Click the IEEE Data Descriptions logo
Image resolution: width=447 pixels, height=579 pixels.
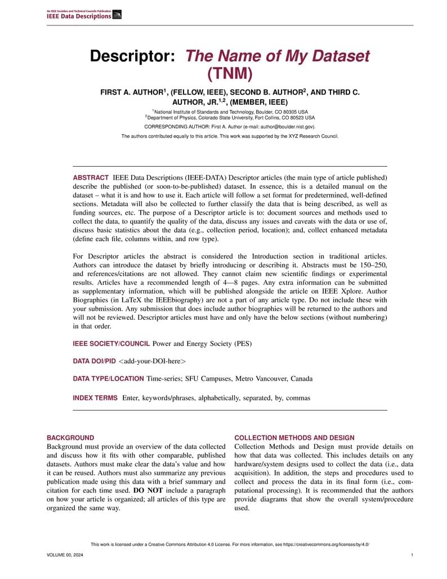pyautogui.click(x=84, y=15)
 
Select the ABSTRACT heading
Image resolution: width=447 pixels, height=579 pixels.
pyautogui.click(x=91, y=177)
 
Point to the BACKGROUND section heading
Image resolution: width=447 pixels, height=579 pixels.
pyautogui.click(x=70, y=438)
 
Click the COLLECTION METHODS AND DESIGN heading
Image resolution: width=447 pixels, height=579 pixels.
pyautogui.click(x=294, y=438)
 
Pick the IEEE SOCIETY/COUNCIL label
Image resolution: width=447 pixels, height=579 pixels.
pyautogui.click(x=111, y=344)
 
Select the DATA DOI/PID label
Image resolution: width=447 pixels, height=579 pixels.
pyautogui.click(x=94, y=361)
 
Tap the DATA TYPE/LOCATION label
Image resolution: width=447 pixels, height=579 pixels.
pyautogui.click(x=109, y=379)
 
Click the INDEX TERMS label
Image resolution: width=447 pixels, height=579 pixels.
pyautogui.click(x=95, y=398)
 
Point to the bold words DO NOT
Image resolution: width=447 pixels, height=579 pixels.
pyautogui.click(x=148, y=491)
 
